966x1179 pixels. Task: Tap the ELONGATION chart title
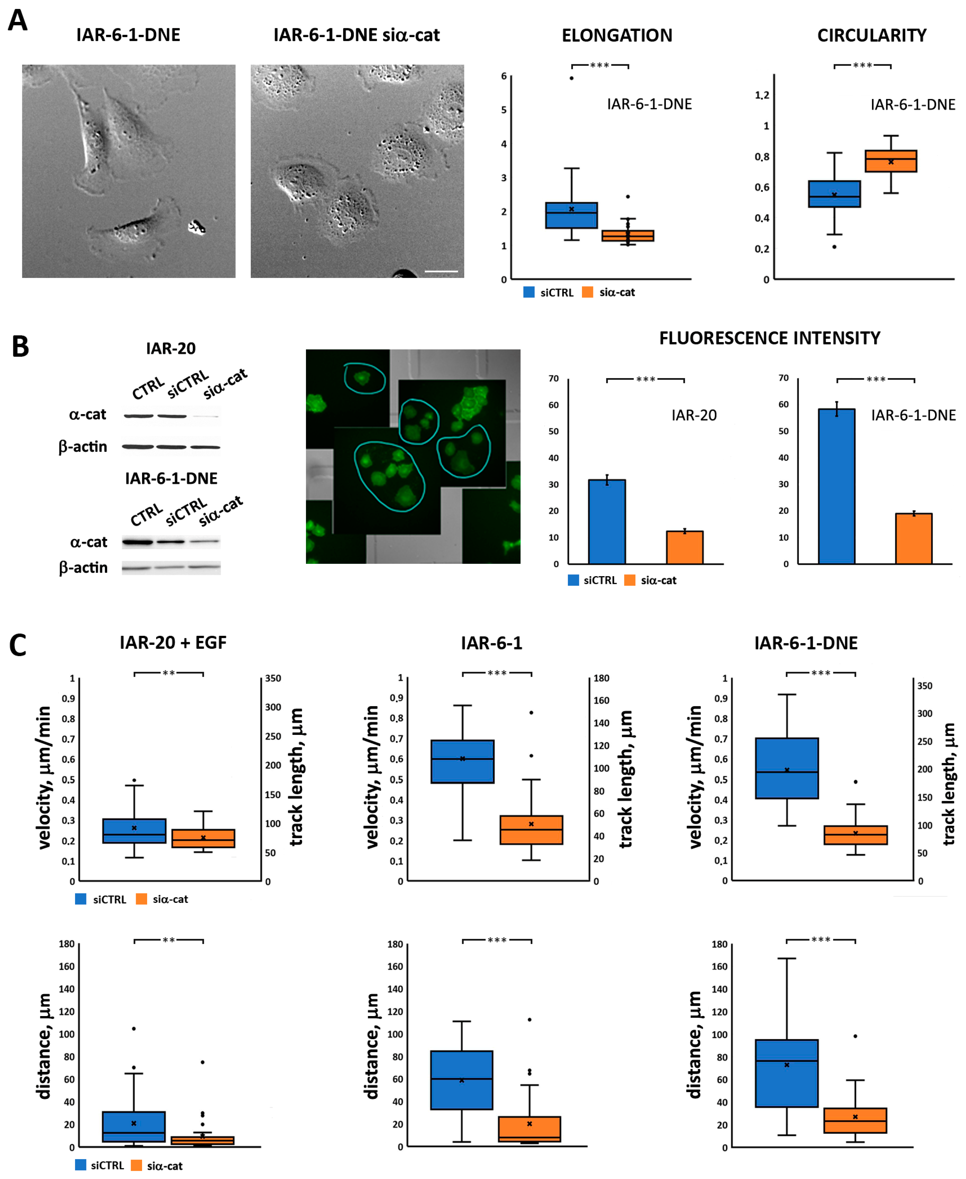[x=616, y=36]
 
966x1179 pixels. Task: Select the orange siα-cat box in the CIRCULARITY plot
[x=890, y=161]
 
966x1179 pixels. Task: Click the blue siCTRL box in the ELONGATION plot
[x=571, y=215]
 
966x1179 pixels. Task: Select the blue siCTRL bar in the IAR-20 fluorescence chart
[x=607, y=521]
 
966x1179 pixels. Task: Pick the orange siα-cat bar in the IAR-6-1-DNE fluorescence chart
[x=913, y=538]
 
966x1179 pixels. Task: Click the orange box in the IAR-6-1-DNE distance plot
[x=855, y=1120]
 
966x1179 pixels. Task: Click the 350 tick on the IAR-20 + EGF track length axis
[x=273, y=678]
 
